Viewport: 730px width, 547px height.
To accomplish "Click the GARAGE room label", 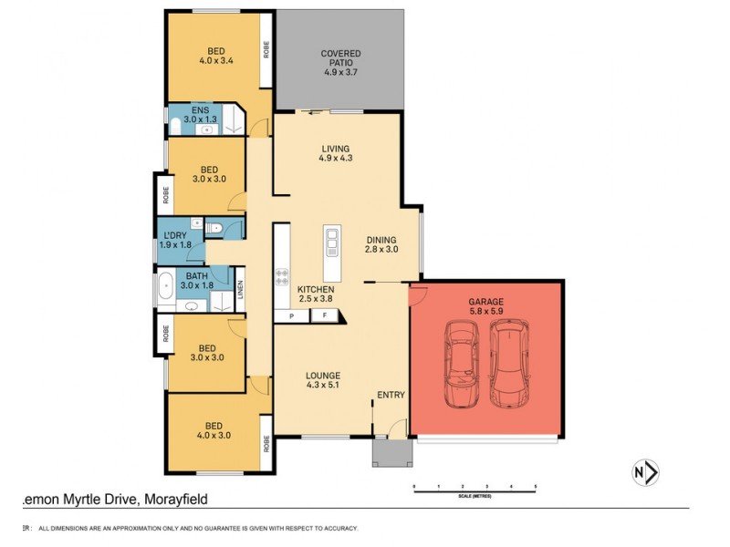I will tap(485, 305).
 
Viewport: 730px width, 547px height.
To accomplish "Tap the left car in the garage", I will tap(462, 364).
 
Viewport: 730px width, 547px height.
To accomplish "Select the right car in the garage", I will tap(507, 364).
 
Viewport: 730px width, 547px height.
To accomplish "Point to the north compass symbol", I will tap(645, 471).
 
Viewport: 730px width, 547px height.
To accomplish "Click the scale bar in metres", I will tap(474, 492).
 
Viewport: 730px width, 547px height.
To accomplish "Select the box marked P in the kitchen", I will tap(291, 315).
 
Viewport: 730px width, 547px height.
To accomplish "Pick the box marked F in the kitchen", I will tap(325, 315).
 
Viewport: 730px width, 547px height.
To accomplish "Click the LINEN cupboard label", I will tap(241, 288).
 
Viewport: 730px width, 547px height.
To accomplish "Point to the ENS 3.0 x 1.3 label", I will tap(196, 116).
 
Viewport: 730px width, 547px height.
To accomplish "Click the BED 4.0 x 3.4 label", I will tap(216, 56).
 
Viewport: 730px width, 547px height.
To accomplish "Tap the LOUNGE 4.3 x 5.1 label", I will tap(323, 380).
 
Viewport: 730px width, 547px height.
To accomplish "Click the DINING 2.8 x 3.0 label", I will tap(381, 243).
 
